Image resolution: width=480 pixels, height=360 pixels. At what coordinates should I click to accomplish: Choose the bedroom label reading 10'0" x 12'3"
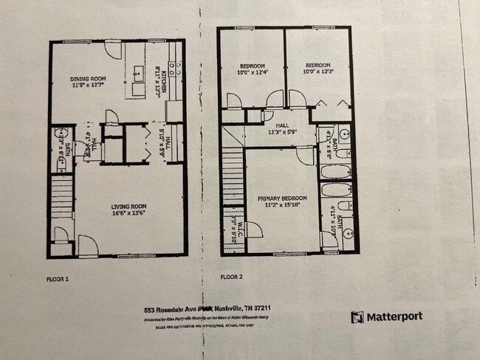(318, 68)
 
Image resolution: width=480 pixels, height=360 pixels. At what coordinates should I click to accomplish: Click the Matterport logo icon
(358, 316)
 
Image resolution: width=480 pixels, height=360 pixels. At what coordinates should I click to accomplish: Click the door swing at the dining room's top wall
(112, 49)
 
